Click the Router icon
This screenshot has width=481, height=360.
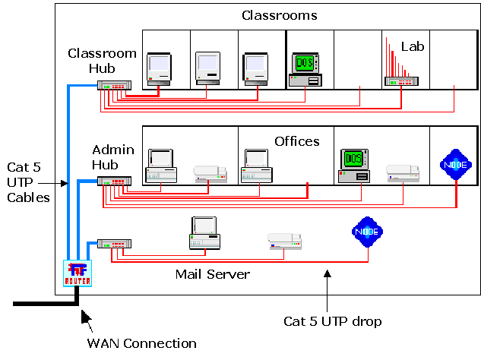pyautogui.click(x=78, y=273)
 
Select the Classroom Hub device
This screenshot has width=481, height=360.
pyautogui.click(x=114, y=85)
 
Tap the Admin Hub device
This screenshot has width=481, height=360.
pyautogui.click(x=114, y=181)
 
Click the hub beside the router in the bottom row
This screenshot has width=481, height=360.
pyautogui.click(x=115, y=244)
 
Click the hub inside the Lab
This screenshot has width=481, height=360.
pyautogui.click(x=402, y=80)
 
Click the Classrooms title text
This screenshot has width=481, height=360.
pyautogui.click(x=279, y=15)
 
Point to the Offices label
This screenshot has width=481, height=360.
pyautogui.click(x=297, y=141)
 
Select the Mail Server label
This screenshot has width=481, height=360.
pyautogui.click(x=212, y=273)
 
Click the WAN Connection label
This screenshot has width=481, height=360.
pyautogui.click(x=142, y=343)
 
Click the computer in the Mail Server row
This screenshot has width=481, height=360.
pyautogui.click(x=204, y=232)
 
